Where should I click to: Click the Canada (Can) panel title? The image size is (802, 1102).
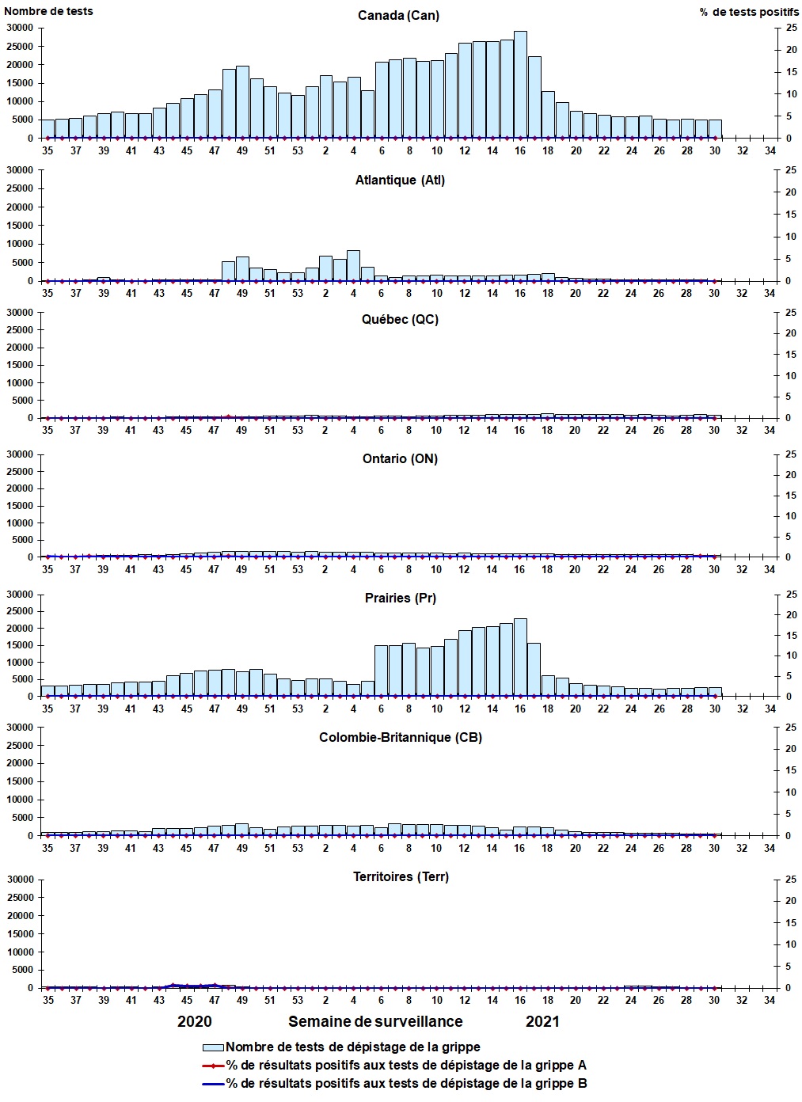[x=398, y=16]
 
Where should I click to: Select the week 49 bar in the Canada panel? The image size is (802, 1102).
[x=242, y=102]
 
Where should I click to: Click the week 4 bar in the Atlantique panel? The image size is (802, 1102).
[x=353, y=266]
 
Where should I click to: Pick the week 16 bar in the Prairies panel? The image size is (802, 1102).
[x=520, y=657]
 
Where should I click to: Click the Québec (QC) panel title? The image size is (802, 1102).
[x=400, y=320]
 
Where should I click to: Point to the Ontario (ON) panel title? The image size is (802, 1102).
[x=400, y=459]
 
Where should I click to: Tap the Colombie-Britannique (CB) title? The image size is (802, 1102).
[x=400, y=738]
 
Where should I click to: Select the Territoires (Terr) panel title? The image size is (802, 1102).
[x=400, y=877]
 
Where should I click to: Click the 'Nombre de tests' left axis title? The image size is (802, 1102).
[x=48, y=11]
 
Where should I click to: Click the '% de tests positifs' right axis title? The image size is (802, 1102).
[x=749, y=12]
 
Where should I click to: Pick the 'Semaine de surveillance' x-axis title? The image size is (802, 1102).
[x=375, y=1021]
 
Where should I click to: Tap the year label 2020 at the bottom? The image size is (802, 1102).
[x=195, y=1021]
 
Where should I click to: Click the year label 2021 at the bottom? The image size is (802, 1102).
[x=542, y=1021]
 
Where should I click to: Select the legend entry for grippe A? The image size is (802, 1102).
[x=405, y=1066]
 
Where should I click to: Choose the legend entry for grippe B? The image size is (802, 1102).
[x=405, y=1084]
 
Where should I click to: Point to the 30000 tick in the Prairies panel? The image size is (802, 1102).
[x=20, y=595]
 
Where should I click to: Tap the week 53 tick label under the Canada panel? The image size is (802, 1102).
[x=298, y=150]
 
